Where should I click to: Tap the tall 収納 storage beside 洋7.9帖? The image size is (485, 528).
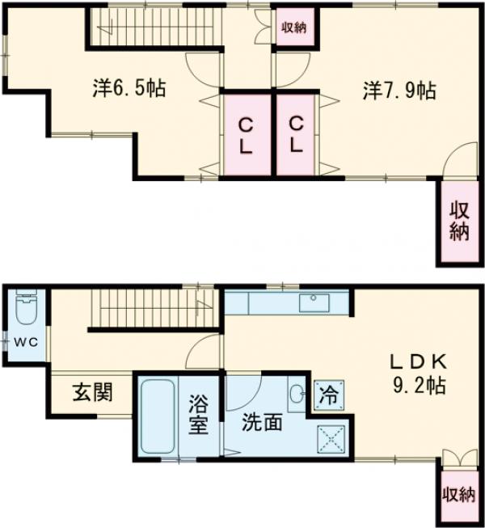click(459, 220)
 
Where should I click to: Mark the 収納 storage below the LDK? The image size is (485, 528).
click(459, 494)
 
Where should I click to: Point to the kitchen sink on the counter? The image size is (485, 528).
click(312, 303)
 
